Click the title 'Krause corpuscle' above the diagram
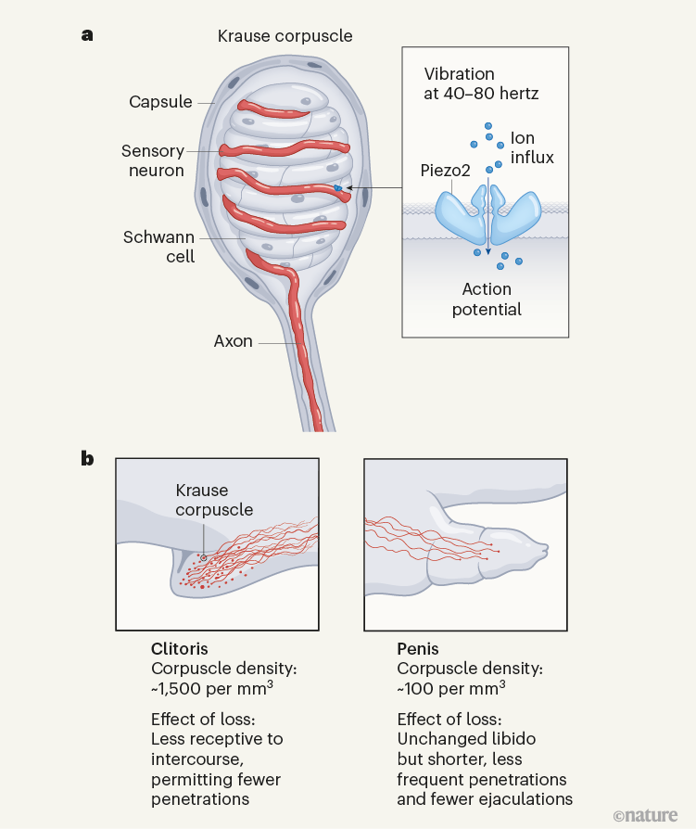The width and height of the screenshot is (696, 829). [285, 36]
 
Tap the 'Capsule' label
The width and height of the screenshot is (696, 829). [160, 101]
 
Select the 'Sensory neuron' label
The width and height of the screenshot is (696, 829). [153, 160]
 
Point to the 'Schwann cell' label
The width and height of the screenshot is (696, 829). [159, 247]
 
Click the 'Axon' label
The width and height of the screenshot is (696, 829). [233, 341]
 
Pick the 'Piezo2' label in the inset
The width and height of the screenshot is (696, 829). [445, 171]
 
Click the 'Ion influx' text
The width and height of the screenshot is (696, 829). [532, 147]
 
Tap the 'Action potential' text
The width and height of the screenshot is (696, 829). [487, 300]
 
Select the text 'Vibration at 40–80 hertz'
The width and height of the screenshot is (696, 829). [481, 83]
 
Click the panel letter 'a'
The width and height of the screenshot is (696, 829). [87, 35]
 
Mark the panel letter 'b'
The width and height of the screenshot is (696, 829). [87, 458]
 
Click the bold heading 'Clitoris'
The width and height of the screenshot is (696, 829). [180, 649]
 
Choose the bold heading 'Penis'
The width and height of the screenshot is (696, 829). [418, 649]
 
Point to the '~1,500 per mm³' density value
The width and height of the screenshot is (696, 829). [212, 688]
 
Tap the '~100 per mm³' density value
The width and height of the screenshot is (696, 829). [451, 688]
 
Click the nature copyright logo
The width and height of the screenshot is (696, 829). [645, 815]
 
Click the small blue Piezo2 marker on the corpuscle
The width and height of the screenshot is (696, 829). [337, 187]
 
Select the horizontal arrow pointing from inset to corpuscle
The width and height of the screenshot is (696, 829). [374, 187]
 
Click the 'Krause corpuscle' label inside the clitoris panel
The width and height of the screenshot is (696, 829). [215, 500]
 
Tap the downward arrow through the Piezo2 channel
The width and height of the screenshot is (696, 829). [488, 216]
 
